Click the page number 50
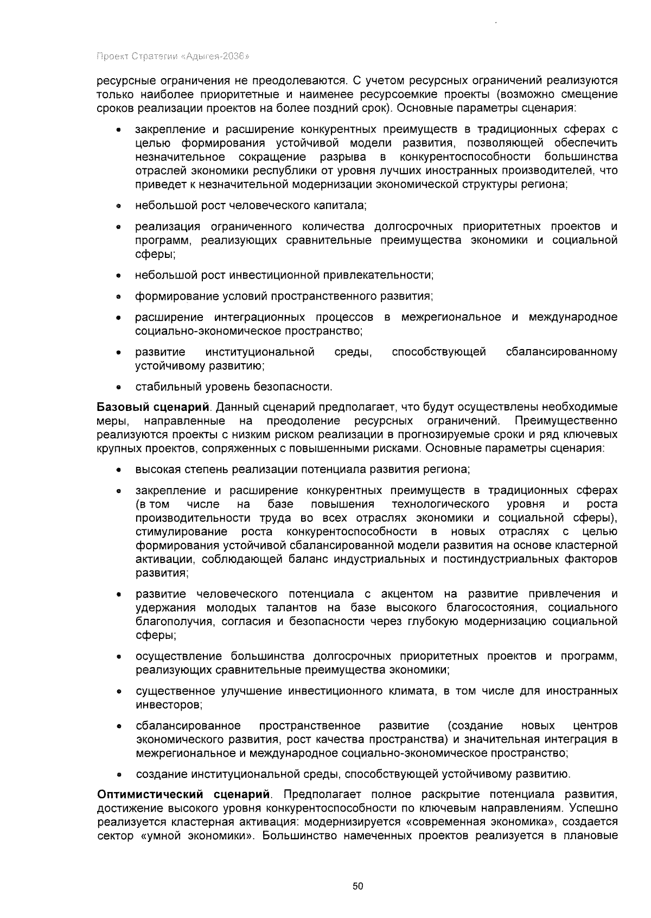click(x=358, y=887)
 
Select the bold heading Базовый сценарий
click(x=152, y=407)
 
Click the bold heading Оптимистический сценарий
click(x=183, y=795)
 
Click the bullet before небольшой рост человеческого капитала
click(x=118, y=206)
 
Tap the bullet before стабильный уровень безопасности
click(x=118, y=388)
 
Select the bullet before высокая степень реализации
click(x=118, y=470)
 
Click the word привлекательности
click(x=378, y=275)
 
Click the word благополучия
click(x=169, y=621)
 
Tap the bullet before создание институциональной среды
click(x=118, y=775)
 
